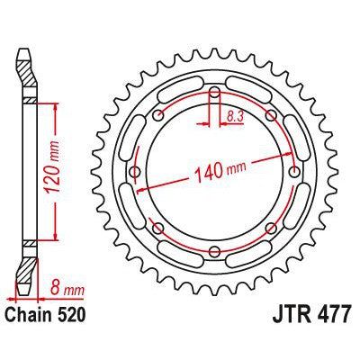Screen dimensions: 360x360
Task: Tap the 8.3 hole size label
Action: click(x=235, y=115)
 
